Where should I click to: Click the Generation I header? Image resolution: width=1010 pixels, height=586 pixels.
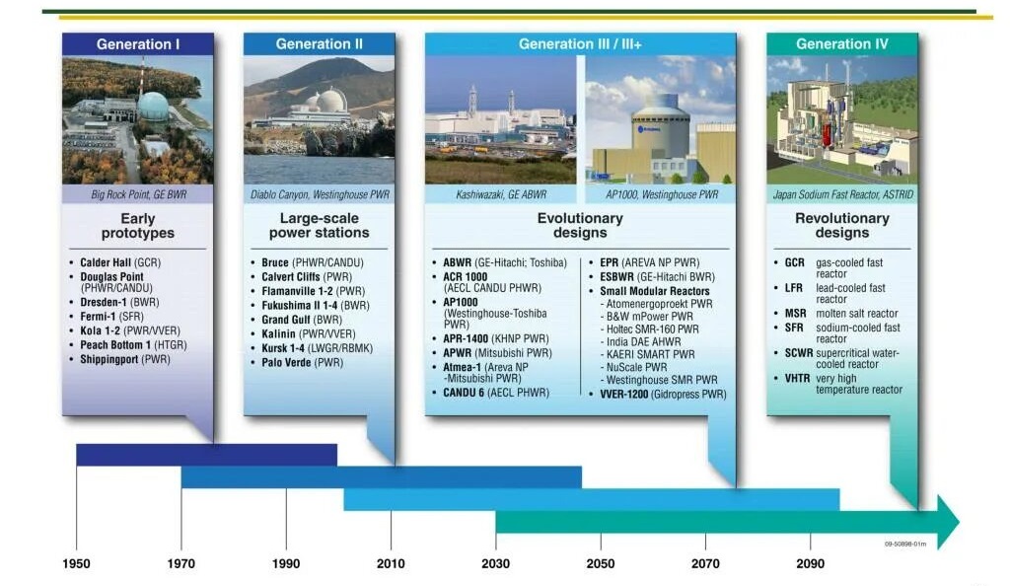click(x=138, y=44)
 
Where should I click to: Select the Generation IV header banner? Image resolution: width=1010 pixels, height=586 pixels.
click(x=841, y=44)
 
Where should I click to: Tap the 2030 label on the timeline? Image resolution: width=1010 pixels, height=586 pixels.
click(x=495, y=564)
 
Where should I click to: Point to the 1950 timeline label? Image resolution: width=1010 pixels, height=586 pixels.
click(x=76, y=564)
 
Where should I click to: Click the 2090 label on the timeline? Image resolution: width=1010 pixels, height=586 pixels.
click(x=810, y=564)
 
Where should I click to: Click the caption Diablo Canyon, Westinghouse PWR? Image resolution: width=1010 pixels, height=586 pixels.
click(x=320, y=195)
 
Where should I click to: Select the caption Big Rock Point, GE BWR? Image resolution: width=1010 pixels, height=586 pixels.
click(x=138, y=195)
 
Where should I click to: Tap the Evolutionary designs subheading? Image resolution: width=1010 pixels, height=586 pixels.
click(x=580, y=225)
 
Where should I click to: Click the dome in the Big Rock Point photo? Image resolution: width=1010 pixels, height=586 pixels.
click(x=153, y=105)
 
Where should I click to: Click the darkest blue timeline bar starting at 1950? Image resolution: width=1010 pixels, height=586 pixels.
click(x=206, y=455)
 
